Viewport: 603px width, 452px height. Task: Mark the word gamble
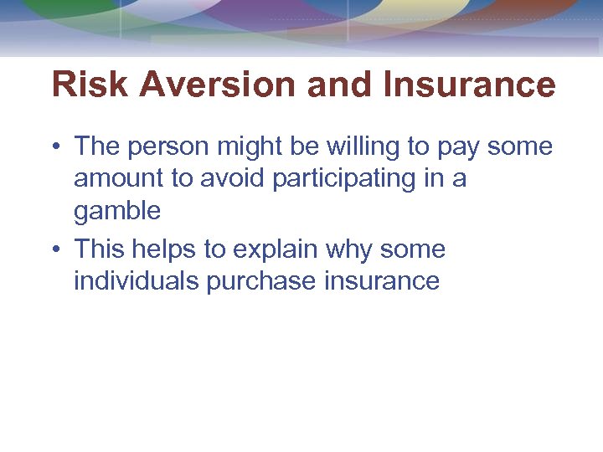[117, 212]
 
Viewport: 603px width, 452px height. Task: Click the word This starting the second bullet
[101, 249]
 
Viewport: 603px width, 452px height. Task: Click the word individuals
[137, 280]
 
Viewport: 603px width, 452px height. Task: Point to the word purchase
[261, 282]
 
